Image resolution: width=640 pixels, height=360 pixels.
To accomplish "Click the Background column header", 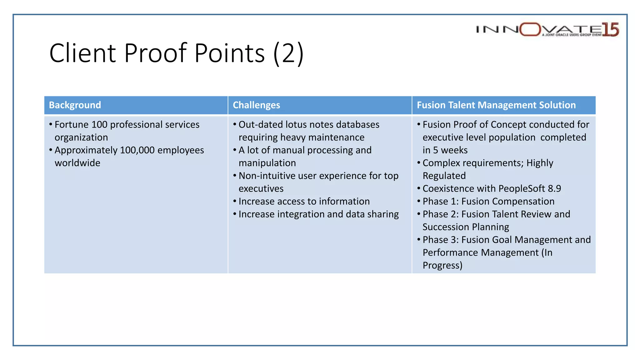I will [75, 105].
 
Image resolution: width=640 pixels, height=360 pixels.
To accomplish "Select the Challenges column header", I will [256, 105].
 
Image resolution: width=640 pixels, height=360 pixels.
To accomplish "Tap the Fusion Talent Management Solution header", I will [496, 105].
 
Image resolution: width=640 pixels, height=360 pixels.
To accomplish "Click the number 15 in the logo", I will [610, 30].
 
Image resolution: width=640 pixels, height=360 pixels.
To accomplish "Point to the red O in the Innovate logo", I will [530, 29].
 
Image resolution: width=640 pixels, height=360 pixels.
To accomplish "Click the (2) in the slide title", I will [288, 53].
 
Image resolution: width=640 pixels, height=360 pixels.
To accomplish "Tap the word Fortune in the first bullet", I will [72, 125].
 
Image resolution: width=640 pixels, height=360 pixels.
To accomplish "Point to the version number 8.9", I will [554, 189].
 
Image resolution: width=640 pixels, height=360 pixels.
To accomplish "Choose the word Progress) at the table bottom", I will [442, 266].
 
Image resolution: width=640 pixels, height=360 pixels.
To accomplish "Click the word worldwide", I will [77, 163].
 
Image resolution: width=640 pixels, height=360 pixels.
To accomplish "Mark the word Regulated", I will [444, 176].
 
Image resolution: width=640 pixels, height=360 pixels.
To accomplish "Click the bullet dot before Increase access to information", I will [235, 201].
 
